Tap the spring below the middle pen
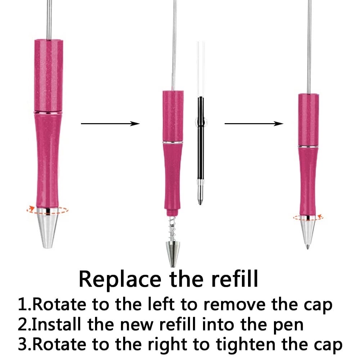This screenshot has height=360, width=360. coord(172,229)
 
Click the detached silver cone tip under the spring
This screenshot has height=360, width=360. coord(173,254)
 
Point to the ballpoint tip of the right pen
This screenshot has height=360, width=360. coord(307,247)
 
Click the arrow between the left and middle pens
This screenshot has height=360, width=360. coord(110,124)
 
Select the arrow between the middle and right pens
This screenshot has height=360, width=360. coord(254,124)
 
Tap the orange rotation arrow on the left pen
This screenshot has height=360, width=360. coord(47,210)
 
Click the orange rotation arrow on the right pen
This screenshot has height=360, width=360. coord(308,217)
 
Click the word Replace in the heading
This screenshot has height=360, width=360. coord(120,280)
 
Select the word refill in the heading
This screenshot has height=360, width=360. coord(235,279)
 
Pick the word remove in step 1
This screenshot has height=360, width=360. coord(234,305)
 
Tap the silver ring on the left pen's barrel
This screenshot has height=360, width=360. coord(48,112)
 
